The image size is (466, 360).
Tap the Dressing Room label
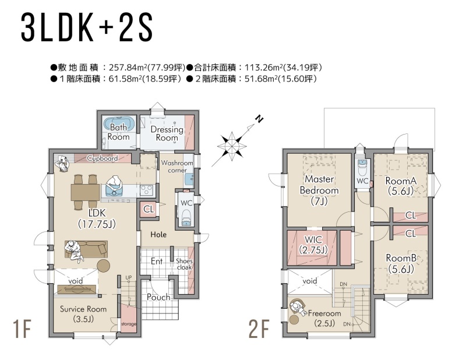point(167,133)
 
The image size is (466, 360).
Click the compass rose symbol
point(231,146)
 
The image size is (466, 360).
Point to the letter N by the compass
point(259,119)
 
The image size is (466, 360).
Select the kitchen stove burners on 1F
point(146,190)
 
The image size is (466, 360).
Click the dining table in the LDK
point(85,192)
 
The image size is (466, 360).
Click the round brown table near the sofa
point(103,266)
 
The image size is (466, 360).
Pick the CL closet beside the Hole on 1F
point(149,209)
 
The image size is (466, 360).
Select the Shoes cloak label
point(184,264)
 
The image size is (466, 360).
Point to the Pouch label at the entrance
point(158,297)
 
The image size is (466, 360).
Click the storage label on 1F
point(128,324)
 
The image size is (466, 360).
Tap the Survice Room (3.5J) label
point(83,313)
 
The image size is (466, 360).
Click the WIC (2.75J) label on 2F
point(313,244)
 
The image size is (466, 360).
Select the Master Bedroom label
point(319,190)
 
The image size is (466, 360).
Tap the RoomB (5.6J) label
point(401,263)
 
